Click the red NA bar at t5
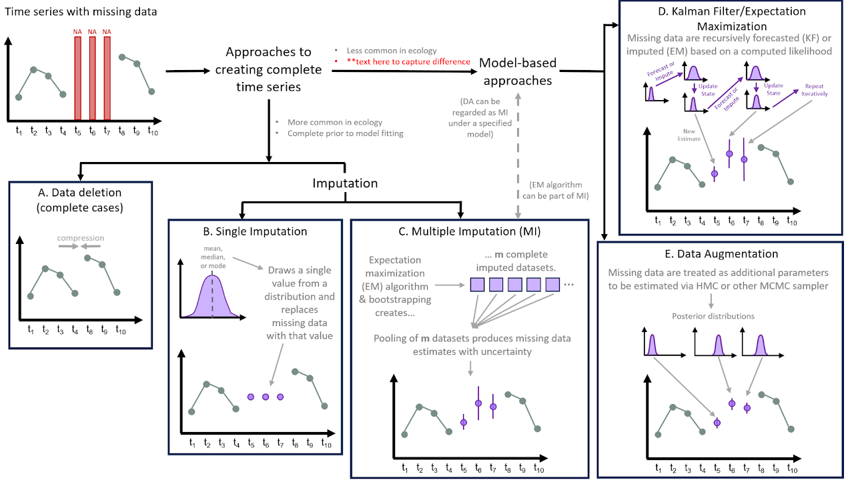pyautogui.click(x=77, y=77)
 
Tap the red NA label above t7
pyautogui.click(x=107, y=31)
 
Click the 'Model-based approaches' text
pyautogui.click(x=518, y=71)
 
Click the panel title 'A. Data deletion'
pyautogui.click(x=80, y=193)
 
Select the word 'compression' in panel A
pyautogui.click(x=80, y=238)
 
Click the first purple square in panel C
pyautogui.click(x=477, y=285)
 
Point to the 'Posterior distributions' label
pyautogui.click(x=723, y=317)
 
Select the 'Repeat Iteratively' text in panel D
pyautogui.click(x=815, y=90)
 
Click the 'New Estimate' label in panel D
pyautogui.click(x=689, y=135)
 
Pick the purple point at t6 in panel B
pyautogui.click(x=265, y=397)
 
